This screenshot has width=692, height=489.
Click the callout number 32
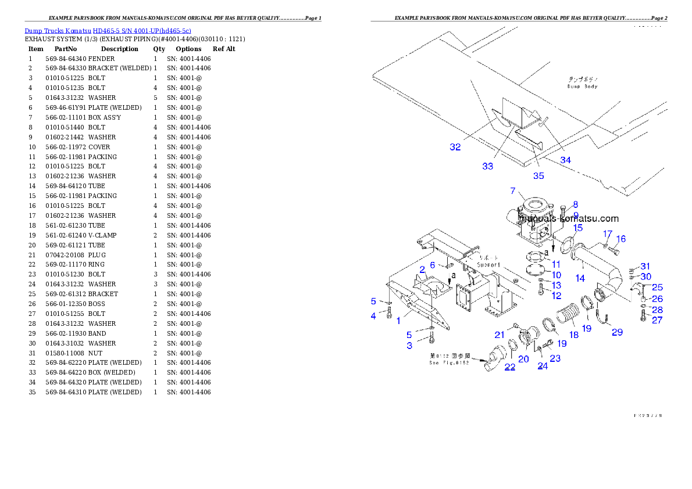coord(455,148)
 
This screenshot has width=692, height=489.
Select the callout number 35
coord(538,176)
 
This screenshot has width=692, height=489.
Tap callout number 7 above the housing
coord(512,191)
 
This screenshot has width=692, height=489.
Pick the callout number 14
coord(580,279)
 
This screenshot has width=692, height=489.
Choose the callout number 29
coord(616,332)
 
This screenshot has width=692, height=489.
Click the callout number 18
coord(573,335)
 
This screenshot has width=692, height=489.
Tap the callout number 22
coord(509,367)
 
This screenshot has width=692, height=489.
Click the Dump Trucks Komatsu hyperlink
coord(108,30)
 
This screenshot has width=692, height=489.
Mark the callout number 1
coord(398,321)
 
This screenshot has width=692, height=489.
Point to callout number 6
coord(432,265)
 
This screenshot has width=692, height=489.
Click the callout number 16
coord(620,239)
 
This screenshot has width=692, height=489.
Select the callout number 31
coord(645,266)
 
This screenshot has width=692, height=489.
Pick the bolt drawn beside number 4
coord(389,314)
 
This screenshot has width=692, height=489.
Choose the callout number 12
coord(556,296)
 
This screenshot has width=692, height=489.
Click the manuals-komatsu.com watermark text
coord(569,220)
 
